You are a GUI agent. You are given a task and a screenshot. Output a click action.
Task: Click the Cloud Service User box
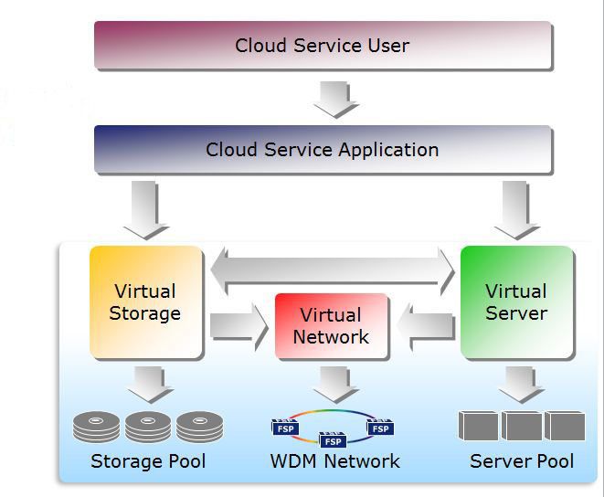pyautogui.click(x=323, y=46)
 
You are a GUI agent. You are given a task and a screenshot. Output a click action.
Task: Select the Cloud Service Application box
pyautogui.click(x=323, y=150)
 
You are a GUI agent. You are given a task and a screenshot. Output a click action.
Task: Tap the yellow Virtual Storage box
pyautogui.click(x=145, y=301)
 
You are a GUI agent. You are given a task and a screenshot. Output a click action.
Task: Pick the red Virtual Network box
pyautogui.click(x=331, y=326)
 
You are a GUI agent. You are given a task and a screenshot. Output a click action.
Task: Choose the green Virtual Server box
pyautogui.click(x=516, y=301)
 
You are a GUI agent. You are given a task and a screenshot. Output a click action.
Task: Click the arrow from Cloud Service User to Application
pyautogui.click(x=335, y=99)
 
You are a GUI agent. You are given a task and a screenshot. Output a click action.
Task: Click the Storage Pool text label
pyautogui.click(x=148, y=461)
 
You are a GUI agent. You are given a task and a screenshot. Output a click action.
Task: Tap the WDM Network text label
pyautogui.click(x=334, y=461)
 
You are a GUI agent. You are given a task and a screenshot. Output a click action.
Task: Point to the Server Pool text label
pyautogui.click(x=522, y=461)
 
